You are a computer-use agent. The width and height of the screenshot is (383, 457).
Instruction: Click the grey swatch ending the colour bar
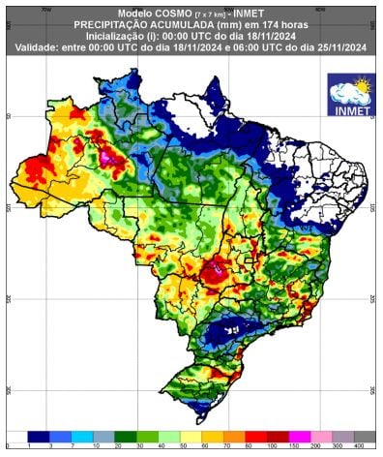[364, 436]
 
